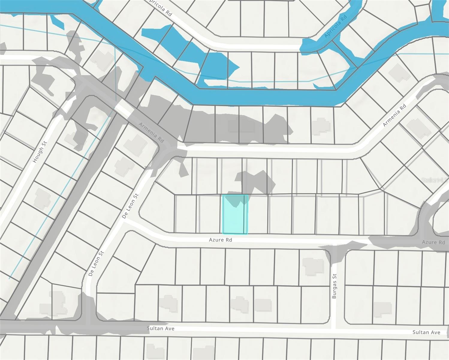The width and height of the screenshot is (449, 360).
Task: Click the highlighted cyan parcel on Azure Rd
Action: [235, 214]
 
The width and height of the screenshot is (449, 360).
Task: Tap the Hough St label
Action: [40, 152]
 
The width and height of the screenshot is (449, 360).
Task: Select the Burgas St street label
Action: [335, 286]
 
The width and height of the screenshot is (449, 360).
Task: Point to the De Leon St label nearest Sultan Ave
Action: [96, 263]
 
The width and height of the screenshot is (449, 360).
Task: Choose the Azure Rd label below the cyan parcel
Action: [221, 240]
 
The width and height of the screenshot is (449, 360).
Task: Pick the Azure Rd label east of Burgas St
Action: [433, 242]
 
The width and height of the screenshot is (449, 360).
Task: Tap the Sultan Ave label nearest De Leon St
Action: [161, 328]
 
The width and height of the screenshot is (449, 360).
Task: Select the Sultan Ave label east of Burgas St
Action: [426, 332]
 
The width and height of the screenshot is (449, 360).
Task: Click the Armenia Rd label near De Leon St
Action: [151, 132]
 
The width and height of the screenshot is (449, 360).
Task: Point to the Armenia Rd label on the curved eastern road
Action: [394, 115]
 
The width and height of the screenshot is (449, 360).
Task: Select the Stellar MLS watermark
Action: [435, 180]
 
